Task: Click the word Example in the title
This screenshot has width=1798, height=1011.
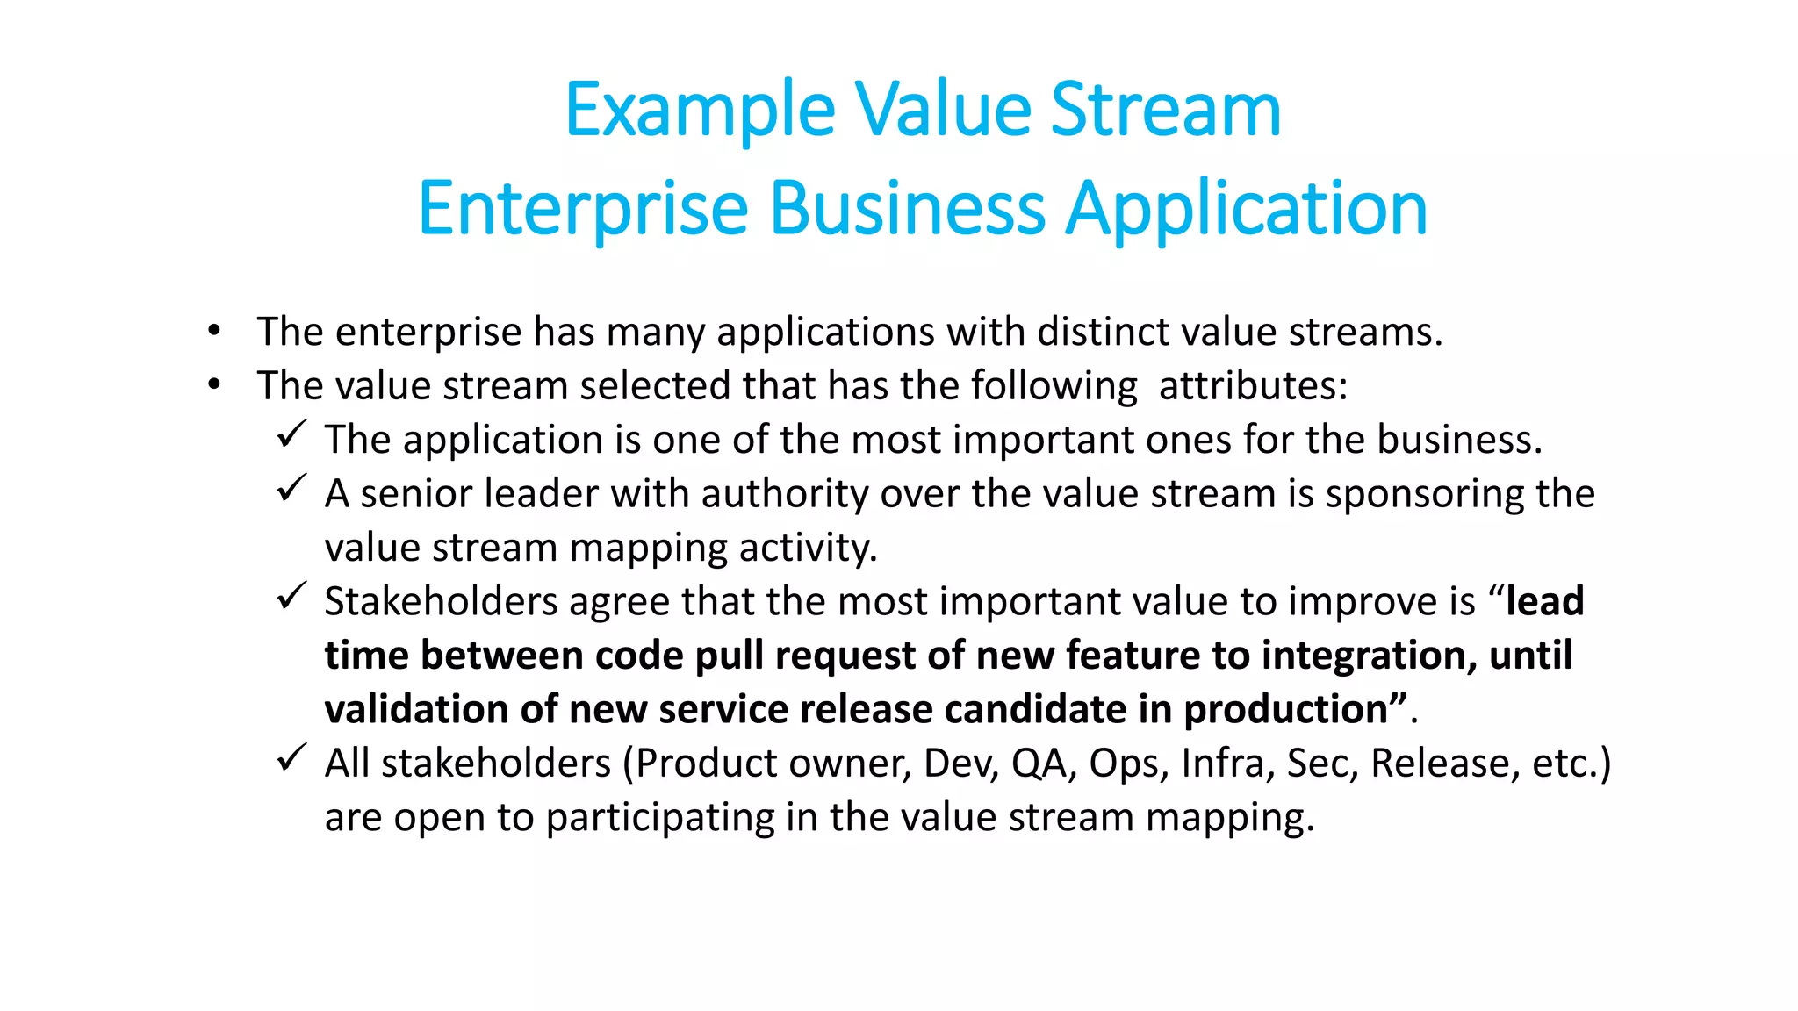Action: coord(699,111)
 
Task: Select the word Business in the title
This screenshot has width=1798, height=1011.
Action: coord(908,209)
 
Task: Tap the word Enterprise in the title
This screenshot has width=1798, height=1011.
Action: coord(583,209)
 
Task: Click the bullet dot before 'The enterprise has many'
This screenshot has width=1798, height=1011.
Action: coord(214,332)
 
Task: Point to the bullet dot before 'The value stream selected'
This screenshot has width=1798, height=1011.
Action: coord(214,385)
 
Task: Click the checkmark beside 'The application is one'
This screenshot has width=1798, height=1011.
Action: coord(291,434)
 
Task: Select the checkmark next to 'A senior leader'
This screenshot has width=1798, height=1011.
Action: coord(291,488)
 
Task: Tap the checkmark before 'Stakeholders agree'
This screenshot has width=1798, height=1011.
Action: coord(291,596)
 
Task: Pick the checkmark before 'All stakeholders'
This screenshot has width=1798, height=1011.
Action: coord(291,757)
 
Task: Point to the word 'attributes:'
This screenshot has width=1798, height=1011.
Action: coord(1253,386)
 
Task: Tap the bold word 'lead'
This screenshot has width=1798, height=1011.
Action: coord(1544,601)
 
